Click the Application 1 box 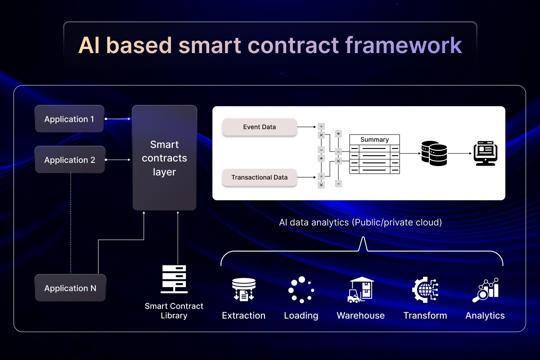(x=69, y=119)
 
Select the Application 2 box (x=70, y=160)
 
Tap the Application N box (x=70, y=288)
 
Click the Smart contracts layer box (x=164, y=158)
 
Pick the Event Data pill (x=259, y=127)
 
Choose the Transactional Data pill (x=259, y=177)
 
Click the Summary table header (x=374, y=139)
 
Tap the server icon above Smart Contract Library (x=174, y=279)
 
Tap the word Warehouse (x=361, y=315)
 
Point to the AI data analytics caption (x=360, y=222)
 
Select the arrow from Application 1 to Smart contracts (x=117, y=119)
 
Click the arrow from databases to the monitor (x=459, y=153)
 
